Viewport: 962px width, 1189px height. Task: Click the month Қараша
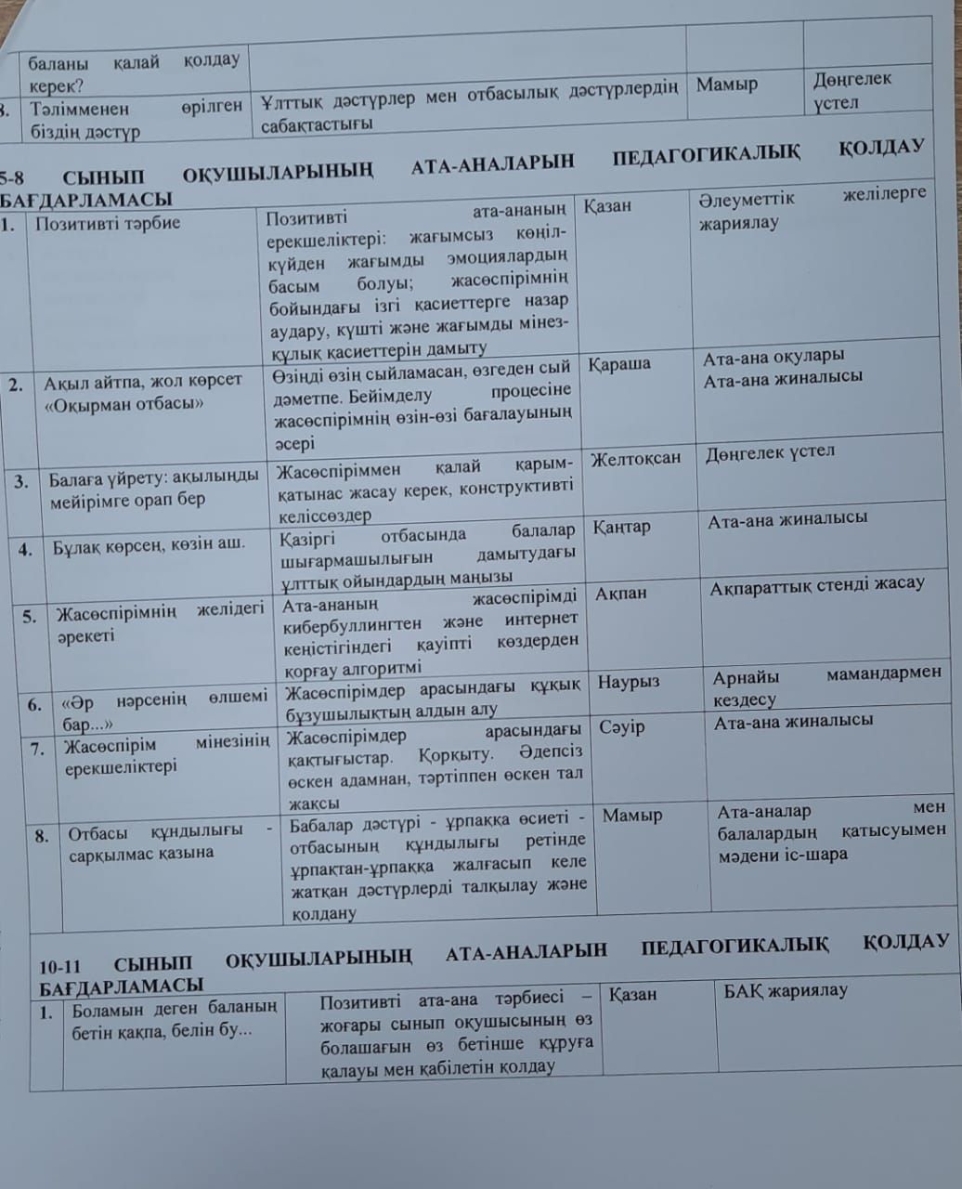617,364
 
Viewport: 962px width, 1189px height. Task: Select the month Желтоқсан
635,459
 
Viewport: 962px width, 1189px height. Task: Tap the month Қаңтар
622,528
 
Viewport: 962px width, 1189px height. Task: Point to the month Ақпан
621,594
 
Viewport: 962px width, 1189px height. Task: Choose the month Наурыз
629,682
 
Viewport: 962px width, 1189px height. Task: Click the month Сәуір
622,727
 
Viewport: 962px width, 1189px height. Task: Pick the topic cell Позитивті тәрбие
108,224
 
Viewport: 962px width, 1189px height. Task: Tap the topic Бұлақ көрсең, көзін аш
149,544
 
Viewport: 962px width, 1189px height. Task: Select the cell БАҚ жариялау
786,991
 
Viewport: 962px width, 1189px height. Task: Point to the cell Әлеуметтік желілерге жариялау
812,210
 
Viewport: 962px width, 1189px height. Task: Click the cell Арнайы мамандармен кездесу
826,686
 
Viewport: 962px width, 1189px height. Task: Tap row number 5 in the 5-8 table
30,616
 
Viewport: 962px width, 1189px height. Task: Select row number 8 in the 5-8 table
42,835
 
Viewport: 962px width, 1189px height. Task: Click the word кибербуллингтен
352,623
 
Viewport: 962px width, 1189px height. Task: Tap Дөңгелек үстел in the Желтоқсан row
770,453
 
